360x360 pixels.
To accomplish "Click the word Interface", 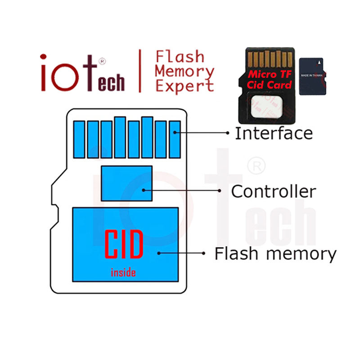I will coord(274,133).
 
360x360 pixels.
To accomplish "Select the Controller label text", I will coord(273,191).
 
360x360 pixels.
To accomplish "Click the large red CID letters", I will coord(124,244).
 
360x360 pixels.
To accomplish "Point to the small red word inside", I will coord(123,272).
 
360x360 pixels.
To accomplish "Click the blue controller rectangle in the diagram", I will coord(126,183).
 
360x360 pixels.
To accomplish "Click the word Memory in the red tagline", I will coord(184,71).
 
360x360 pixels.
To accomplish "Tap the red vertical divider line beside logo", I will coord(140,71).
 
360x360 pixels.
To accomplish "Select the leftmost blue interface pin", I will coord(79,139).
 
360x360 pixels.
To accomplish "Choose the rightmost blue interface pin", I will coord(175,139).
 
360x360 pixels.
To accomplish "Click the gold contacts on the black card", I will coord(269,58).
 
